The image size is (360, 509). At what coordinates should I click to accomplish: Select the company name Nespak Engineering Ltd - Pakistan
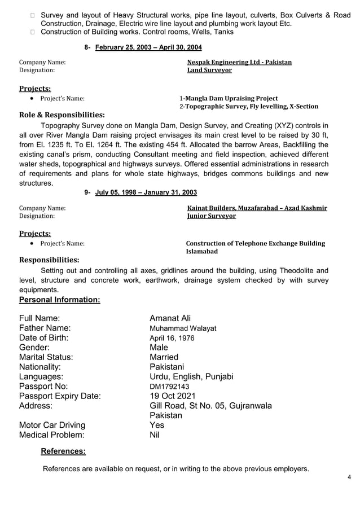[239, 62]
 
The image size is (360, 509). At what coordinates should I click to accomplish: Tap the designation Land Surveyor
[209, 71]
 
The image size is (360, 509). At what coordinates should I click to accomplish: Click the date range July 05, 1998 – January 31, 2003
[146, 193]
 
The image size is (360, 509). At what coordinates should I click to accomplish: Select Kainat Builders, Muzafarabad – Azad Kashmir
[257, 208]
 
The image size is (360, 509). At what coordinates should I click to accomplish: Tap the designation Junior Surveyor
[211, 216]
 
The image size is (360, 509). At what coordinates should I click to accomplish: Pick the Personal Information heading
[60, 300]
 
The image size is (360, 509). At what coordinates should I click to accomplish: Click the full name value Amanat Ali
[170, 319]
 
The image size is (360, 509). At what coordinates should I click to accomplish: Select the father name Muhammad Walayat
[183, 328]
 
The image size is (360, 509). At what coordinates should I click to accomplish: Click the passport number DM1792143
[169, 387]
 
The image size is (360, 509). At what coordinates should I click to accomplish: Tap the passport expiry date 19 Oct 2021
[173, 396]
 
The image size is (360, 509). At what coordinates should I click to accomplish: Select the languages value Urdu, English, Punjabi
[191, 376]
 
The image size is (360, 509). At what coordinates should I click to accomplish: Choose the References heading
[63, 451]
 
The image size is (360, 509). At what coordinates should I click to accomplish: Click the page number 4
[349, 477]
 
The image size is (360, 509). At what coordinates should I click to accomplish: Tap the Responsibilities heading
[49, 260]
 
